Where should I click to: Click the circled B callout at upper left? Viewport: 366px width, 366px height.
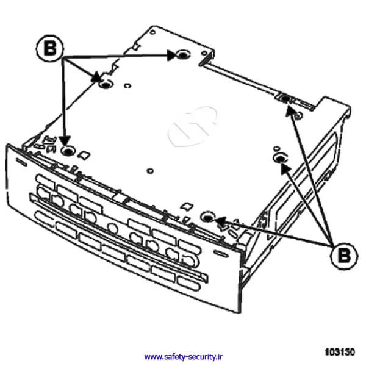(x=50, y=48)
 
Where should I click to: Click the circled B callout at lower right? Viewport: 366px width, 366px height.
(x=344, y=256)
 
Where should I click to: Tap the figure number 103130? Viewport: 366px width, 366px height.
(x=340, y=352)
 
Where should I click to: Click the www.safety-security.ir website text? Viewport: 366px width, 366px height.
(x=184, y=357)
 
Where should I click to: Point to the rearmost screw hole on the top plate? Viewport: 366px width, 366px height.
(x=183, y=55)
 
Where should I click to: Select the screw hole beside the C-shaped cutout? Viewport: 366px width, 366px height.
(x=106, y=84)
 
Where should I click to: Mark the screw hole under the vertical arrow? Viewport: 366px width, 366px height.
(x=68, y=151)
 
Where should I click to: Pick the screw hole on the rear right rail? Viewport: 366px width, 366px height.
(x=285, y=98)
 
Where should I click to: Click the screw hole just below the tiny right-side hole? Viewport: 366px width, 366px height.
(x=281, y=159)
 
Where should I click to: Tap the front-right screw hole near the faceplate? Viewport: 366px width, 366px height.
(x=207, y=217)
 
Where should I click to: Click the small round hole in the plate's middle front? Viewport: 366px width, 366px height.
(x=150, y=171)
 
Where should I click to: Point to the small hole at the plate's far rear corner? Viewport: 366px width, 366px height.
(x=153, y=32)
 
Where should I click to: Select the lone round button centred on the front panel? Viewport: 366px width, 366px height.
(x=113, y=228)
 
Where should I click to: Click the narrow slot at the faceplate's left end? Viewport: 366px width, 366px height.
(x=21, y=162)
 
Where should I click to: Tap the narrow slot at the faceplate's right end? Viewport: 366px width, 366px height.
(x=221, y=254)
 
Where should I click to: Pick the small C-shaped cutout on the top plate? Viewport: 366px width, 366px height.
(x=127, y=85)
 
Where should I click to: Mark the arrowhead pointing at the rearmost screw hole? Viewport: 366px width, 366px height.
(x=172, y=56)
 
